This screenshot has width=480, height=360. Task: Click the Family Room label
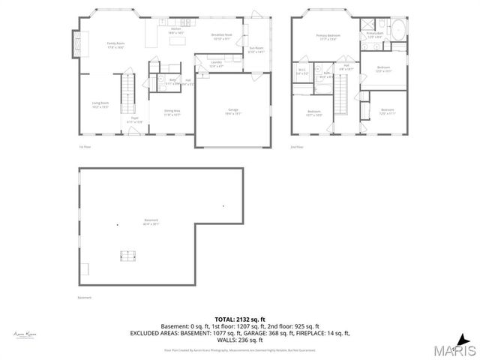(115, 44)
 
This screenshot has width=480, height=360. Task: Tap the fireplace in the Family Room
(75, 43)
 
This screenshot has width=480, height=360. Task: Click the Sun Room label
(256, 49)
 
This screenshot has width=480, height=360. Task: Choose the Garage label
(233, 112)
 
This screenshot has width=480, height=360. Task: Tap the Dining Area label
(172, 113)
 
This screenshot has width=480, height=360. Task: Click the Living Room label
(100, 104)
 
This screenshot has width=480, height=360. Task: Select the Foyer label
(136, 119)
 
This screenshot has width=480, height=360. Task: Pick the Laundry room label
(216, 64)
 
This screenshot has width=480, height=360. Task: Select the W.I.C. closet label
(301, 72)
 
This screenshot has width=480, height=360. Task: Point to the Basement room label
(151, 221)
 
